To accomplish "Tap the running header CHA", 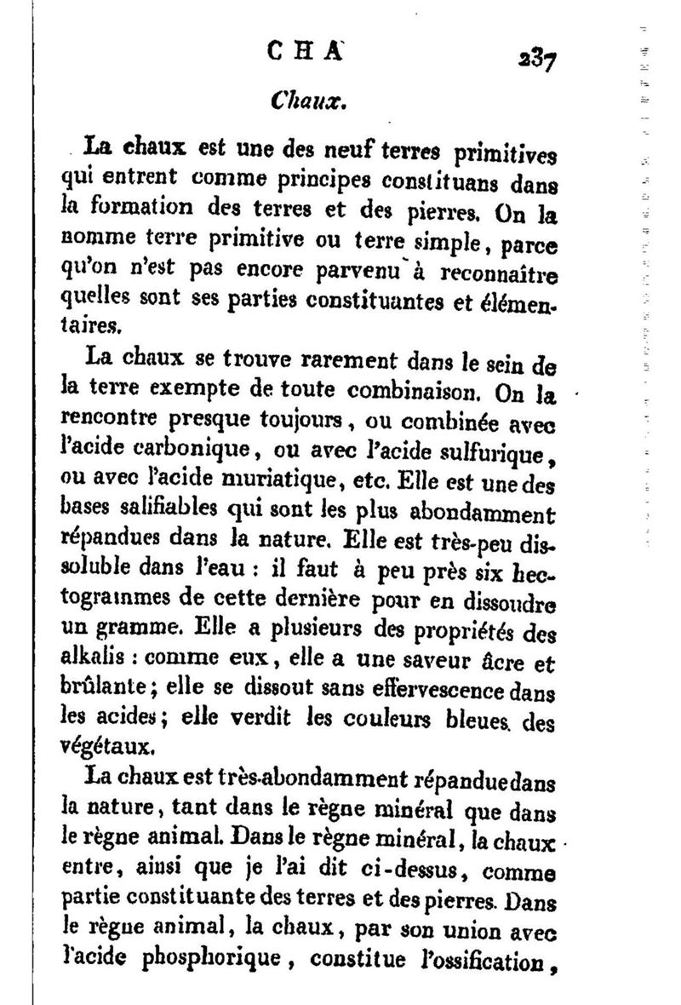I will tap(294, 50).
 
